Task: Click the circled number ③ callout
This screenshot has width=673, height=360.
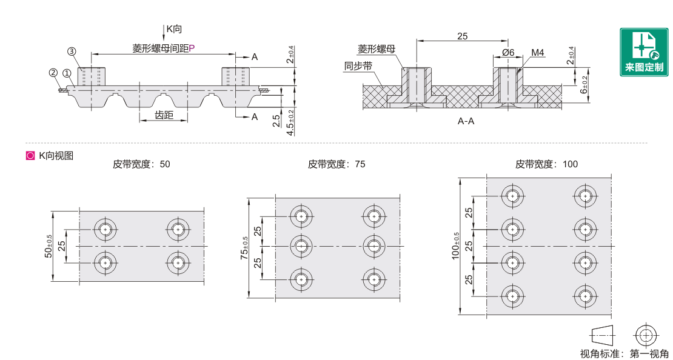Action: point(72,52)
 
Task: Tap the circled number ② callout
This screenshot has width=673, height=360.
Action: point(53,73)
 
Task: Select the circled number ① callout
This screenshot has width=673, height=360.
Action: point(66,73)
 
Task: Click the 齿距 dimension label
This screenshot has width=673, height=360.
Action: point(164,115)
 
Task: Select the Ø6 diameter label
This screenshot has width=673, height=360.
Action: point(508,53)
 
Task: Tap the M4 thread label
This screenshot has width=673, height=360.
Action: point(538,53)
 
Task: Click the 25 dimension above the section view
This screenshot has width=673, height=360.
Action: point(462,36)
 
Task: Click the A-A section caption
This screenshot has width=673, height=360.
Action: point(466,121)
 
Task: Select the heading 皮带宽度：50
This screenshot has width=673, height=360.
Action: point(141,164)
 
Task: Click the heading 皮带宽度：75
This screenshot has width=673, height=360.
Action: point(336,164)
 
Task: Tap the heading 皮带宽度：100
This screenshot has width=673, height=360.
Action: point(546,164)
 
